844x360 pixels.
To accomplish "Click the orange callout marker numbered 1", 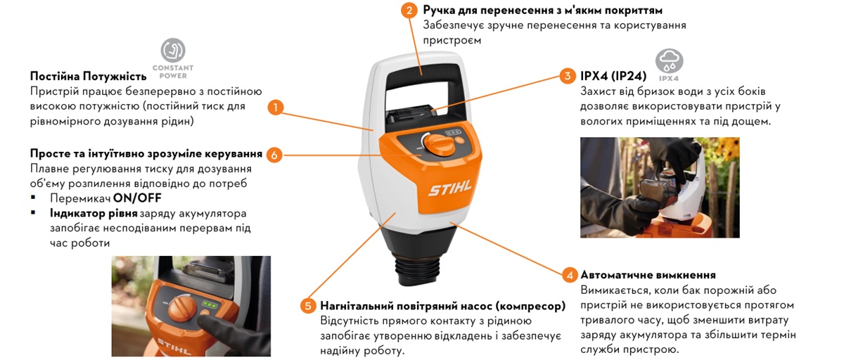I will point(276,108).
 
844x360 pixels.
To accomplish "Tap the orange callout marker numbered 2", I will point(409,11).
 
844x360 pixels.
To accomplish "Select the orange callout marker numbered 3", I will point(567,75).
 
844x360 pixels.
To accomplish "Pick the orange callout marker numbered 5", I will point(307,306).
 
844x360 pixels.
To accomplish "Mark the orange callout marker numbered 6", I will point(275,154).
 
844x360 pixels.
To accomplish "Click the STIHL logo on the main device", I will point(450,189).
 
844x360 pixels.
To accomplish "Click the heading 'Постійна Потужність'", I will point(88,76).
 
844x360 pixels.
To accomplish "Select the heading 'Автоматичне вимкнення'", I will point(648,275).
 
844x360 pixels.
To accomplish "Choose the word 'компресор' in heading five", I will point(529,306).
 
